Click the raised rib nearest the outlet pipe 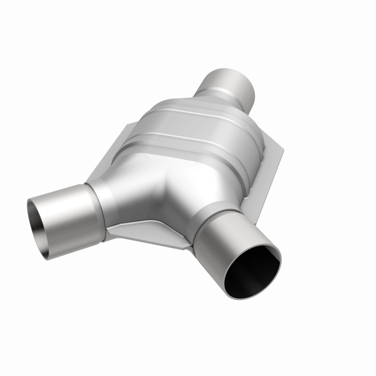click(207, 113)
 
